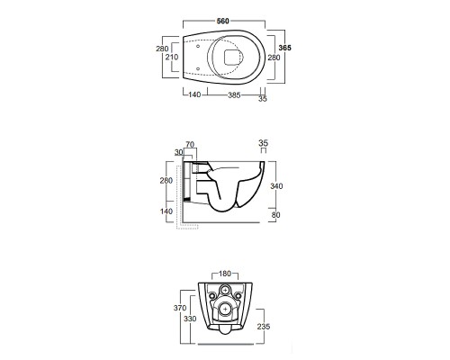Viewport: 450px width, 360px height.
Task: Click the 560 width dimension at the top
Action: tap(223, 21)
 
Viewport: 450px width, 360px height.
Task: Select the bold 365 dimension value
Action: tap(285, 48)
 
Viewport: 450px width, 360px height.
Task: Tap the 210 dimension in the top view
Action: tap(172, 57)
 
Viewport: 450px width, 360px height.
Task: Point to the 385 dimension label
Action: tap(234, 95)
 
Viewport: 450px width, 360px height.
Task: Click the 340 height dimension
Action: tap(276, 186)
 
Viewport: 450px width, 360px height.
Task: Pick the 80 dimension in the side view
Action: tap(275, 215)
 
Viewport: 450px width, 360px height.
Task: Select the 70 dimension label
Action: tap(190, 145)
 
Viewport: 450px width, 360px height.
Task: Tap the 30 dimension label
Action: tap(179, 152)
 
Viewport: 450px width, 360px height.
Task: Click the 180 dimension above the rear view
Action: tap(225, 274)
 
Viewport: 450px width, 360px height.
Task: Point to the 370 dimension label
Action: tap(180, 308)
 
